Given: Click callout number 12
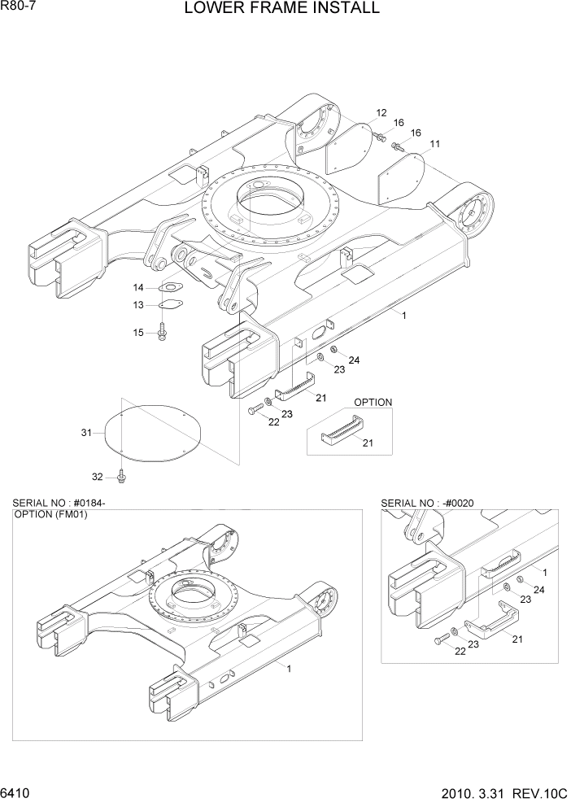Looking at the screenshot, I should point(381,112).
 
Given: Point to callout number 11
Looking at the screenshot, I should point(434,144).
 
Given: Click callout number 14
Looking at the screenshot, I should point(138,288).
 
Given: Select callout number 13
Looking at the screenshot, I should point(138,305).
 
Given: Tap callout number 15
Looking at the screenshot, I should point(138,332).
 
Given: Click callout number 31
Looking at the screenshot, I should point(86,433).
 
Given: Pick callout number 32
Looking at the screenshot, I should point(97,477).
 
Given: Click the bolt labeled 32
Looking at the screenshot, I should point(122,474).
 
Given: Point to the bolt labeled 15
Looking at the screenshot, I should point(162,332).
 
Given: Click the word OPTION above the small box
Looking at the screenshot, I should point(373,402).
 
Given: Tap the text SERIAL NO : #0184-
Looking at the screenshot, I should point(59,504).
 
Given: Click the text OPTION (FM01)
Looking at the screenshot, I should point(50,515).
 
